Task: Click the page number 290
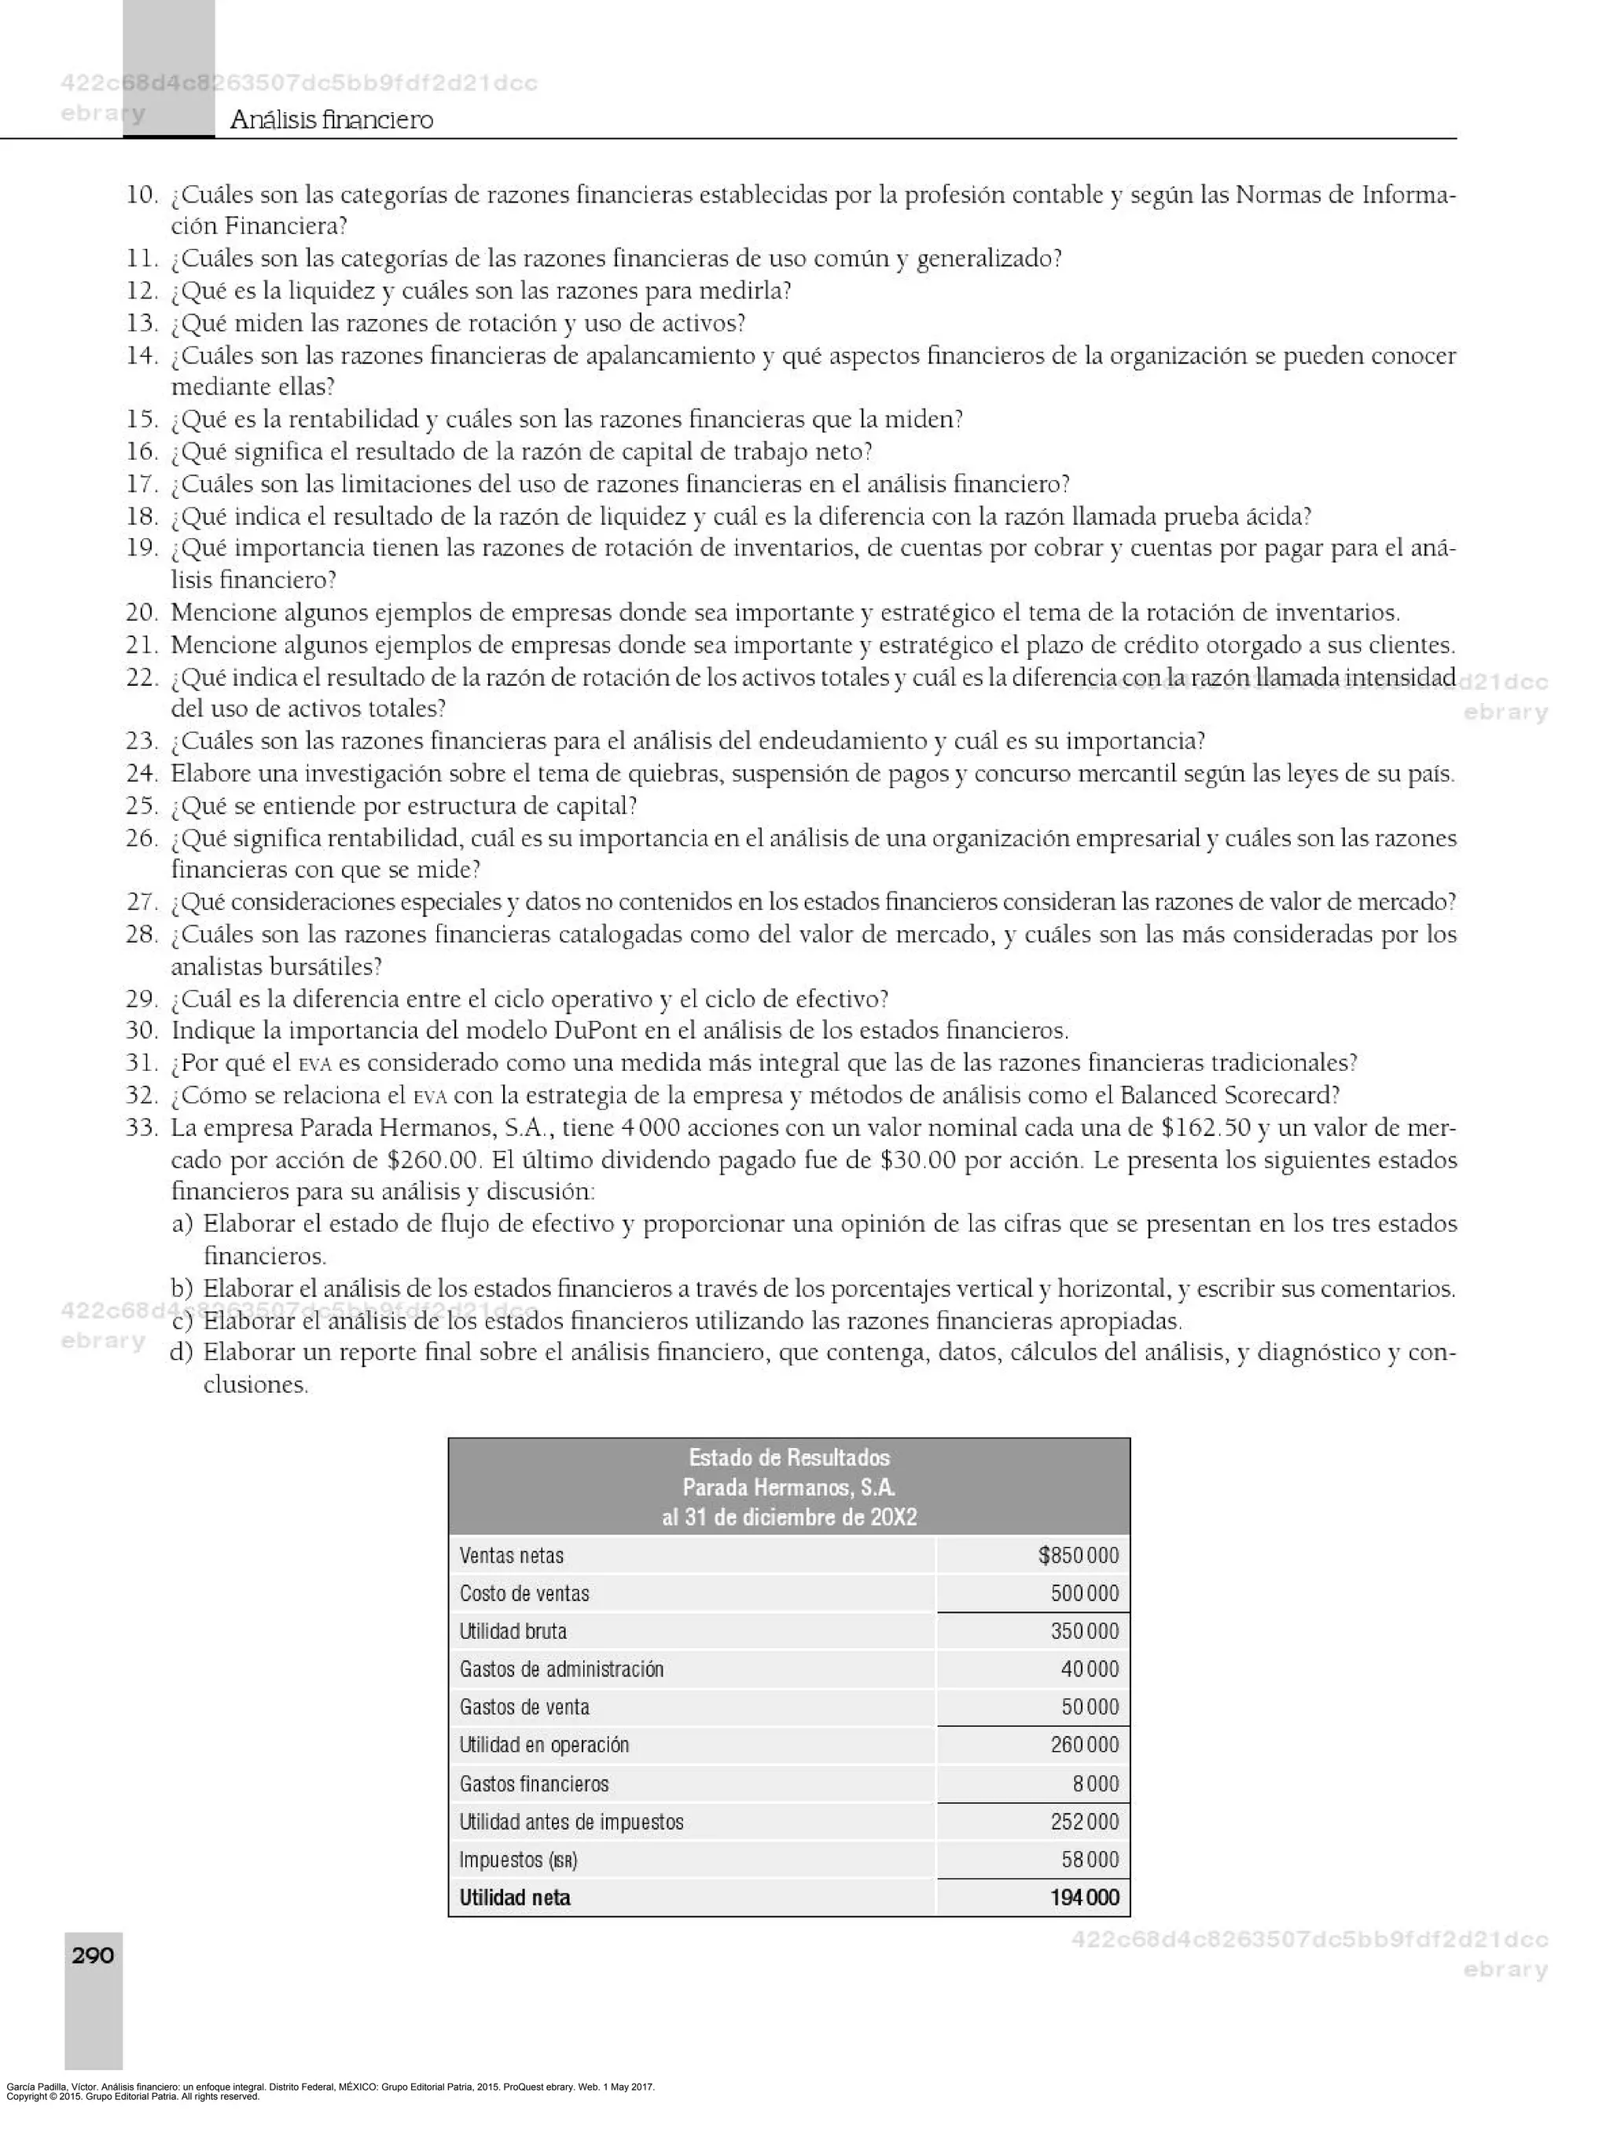pos(93,1955)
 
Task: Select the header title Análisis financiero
pos(332,119)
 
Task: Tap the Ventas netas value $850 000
pos(1078,1555)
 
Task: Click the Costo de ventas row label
pos(524,1593)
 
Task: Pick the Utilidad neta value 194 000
pos(1085,1896)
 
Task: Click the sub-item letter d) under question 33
pos(181,1353)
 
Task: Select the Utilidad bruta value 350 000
pos(1085,1631)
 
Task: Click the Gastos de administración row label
pos(561,1669)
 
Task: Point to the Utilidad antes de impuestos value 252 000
pos(1085,1820)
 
